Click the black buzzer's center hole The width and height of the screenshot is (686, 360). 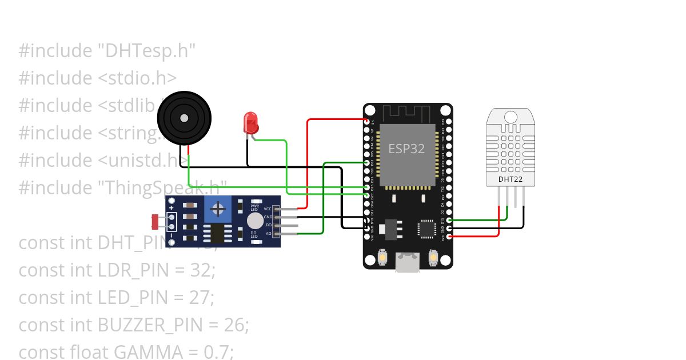184,118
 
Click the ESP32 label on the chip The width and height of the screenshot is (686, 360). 406,149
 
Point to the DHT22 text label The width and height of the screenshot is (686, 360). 510,179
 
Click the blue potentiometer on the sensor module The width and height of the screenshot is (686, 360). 217,209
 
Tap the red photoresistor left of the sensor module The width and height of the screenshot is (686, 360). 155,221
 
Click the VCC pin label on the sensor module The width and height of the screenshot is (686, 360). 268,210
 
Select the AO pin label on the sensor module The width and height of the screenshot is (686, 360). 268,233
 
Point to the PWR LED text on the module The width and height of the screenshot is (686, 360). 254,207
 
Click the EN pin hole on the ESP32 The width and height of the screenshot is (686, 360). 367,122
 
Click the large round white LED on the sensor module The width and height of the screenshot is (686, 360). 255,221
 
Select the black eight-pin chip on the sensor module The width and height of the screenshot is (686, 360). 217,233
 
